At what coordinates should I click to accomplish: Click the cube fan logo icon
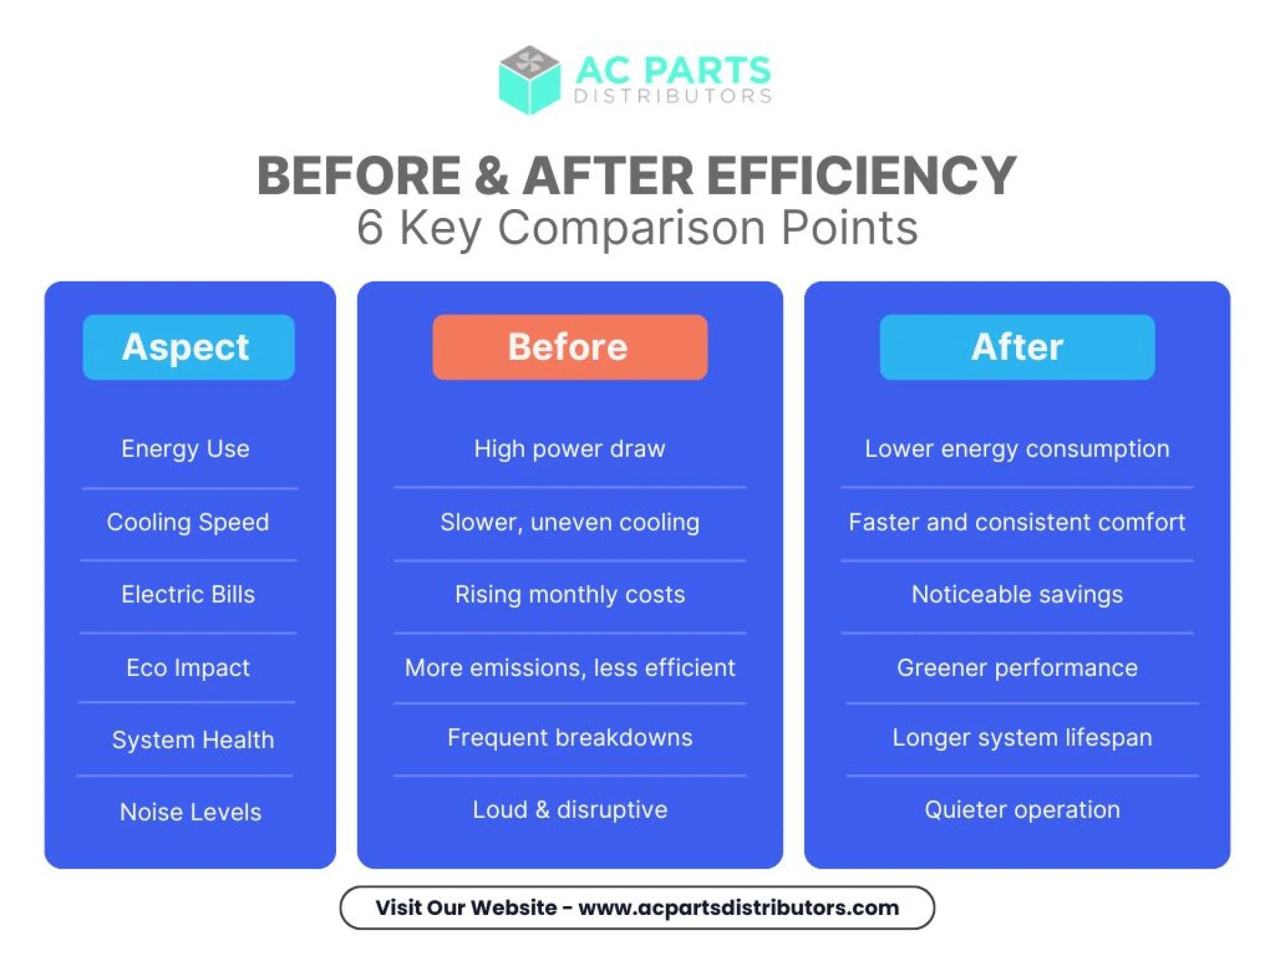click(529, 80)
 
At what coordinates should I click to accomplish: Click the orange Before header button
click(569, 347)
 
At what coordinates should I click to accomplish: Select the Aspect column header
click(189, 347)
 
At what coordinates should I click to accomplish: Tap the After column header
click(1017, 347)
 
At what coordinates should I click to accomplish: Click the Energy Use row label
click(185, 449)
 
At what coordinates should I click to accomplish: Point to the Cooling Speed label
click(188, 522)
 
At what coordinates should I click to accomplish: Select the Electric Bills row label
click(188, 594)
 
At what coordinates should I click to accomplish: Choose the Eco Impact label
click(188, 667)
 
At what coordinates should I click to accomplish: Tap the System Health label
click(193, 740)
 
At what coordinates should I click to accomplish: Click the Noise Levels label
click(191, 812)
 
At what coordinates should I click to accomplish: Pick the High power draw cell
click(569, 449)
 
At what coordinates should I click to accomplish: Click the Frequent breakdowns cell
click(570, 738)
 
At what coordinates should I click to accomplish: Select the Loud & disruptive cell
click(570, 810)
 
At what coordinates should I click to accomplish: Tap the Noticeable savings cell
click(1017, 594)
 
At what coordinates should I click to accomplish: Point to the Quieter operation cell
click(1022, 810)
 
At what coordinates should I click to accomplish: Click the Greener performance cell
click(1017, 667)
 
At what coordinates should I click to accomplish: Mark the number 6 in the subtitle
click(370, 228)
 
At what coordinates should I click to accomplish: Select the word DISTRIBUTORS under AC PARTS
click(673, 96)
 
